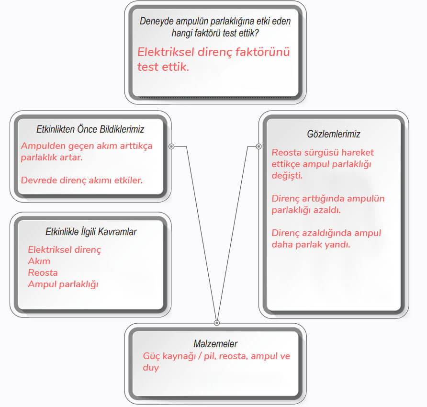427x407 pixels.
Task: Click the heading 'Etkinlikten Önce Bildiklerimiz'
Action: [90, 129]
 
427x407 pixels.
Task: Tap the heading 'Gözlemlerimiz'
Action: [334, 134]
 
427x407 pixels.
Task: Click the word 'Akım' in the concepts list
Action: [39, 261]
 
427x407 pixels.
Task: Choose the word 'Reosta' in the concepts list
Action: [43, 273]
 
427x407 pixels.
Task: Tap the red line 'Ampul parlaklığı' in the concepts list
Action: [63, 284]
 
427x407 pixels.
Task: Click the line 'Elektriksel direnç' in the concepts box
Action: [64, 250]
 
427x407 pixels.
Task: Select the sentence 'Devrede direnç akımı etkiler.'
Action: [82, 181]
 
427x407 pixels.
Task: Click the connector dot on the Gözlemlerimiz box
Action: [258, 147]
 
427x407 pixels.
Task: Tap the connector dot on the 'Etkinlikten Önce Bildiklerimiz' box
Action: [171, 147]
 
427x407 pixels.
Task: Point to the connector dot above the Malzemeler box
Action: [216, 323]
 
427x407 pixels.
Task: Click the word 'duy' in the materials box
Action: [151, 368]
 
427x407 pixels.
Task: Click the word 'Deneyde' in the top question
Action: [155, 21]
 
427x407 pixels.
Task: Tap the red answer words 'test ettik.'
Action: [163, 67]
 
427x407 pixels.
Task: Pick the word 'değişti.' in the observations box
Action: [287, 176]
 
